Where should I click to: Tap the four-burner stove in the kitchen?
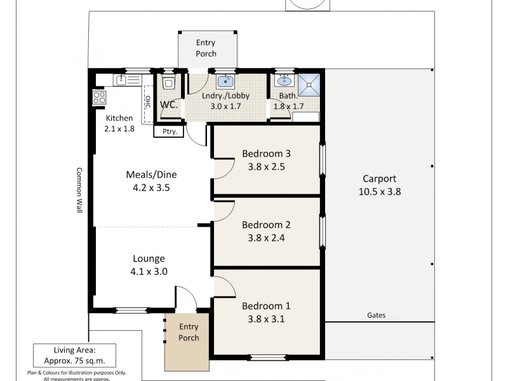coord(100,98)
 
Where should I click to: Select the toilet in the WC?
coord(168,83)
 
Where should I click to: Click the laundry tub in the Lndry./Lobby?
coord(225,81)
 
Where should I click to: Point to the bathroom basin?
coord(284,81)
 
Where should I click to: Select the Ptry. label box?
coord(168,131)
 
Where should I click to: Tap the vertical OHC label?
coord(147,102)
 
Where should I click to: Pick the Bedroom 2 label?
coord(266,225)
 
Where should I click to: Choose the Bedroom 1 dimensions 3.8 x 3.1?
coord(266,319)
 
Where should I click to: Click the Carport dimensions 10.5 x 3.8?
coord(379,190)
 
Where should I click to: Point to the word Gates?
coord(376,315)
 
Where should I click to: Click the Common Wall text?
coord(79,190)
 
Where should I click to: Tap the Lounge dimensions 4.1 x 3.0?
coord(149,271)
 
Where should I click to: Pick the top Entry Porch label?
coord(205,48)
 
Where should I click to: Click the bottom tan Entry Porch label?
coord(189,332)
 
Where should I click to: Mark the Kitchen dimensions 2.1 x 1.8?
coord(119,129)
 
